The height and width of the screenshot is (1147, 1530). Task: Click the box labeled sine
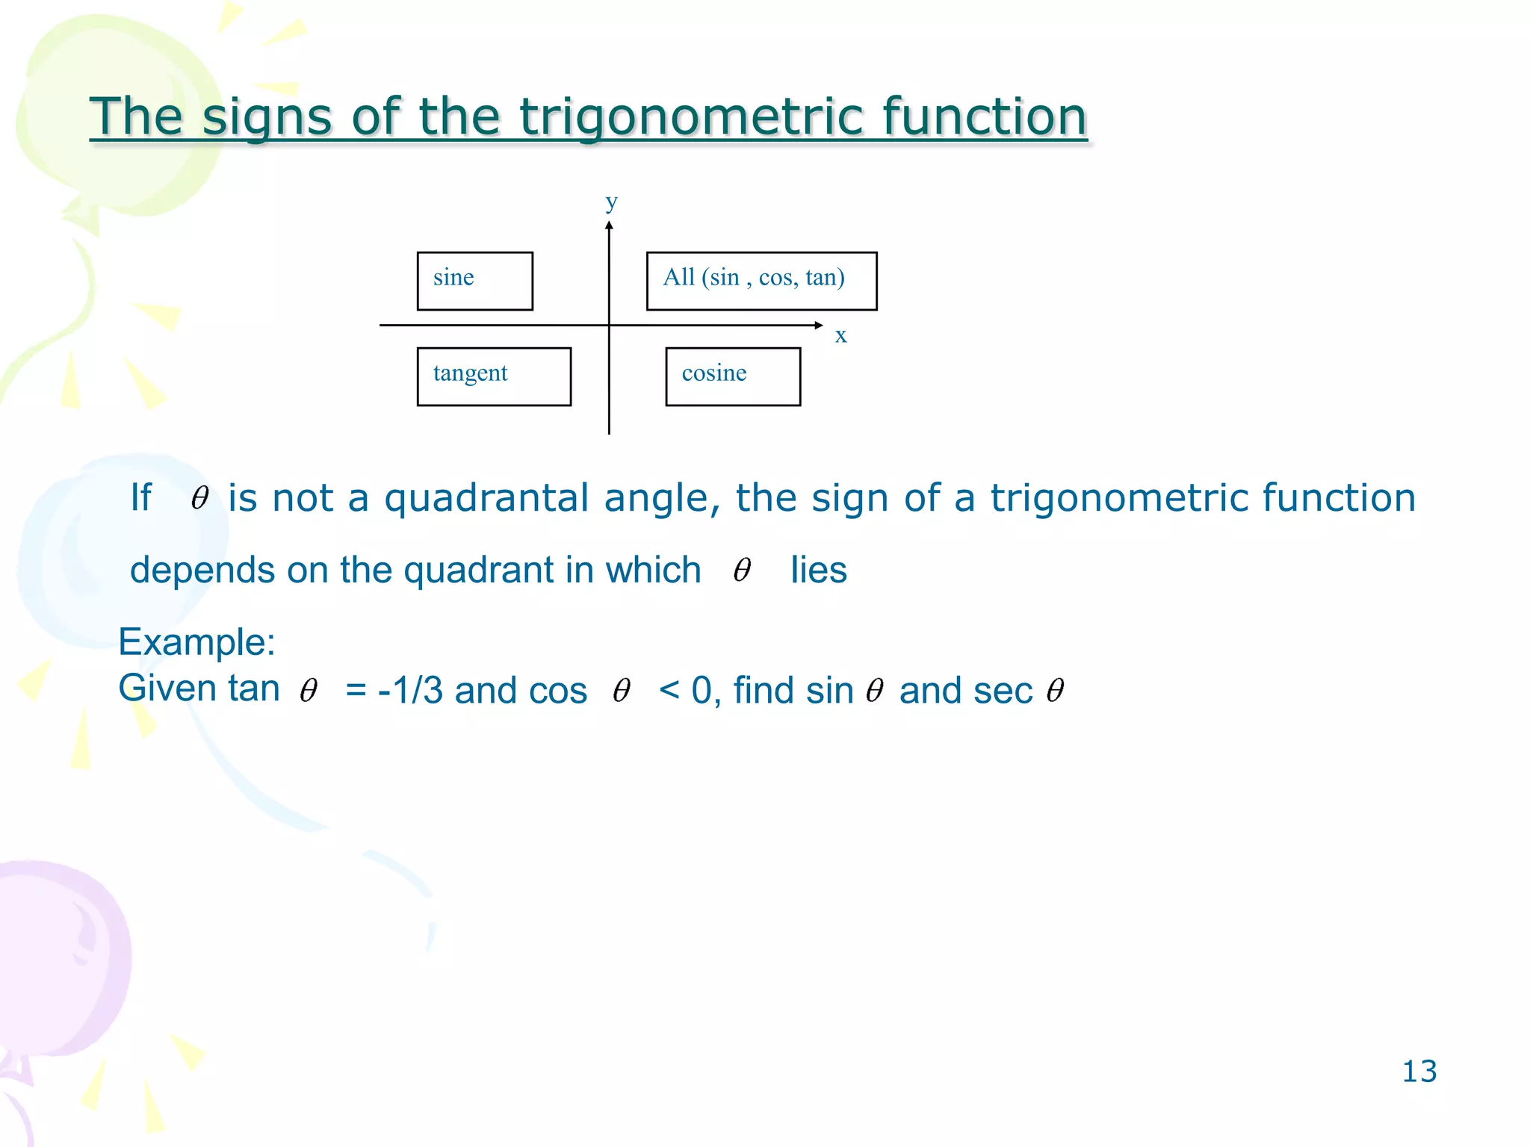pyautogui.click(x=474, y=281)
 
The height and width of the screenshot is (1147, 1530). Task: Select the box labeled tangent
pyautogui.click(x=494, y=376)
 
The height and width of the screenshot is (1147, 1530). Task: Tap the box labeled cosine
pyautogui.click(x=732, y=376)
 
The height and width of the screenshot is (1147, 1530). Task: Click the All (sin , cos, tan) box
pyautogui.click(x=761, y=281)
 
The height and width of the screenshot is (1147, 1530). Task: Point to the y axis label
pyautogui.click(x=611, y=202)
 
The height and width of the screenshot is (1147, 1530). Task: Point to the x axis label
pyautogui.click(x=840, y=335)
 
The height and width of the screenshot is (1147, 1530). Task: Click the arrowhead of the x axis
pyautogui.click(x=819, y=325)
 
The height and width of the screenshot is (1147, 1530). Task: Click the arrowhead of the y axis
pyautogui.click(x=610, y=226)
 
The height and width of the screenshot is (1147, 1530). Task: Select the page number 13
pyautogui.click(x=1419, y=1071)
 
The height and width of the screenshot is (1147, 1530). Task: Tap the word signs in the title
pyautogui.click(x=267, y=117)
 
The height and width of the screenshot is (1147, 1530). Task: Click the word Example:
pyautogui.click(x=197, y=641)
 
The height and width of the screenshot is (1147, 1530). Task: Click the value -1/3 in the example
pyautogui.click(x=410, y=690)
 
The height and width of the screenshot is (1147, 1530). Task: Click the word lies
pyautogui.click(x=818, y=570)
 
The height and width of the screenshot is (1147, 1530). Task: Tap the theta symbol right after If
pyautogui.click(x=199, y=497)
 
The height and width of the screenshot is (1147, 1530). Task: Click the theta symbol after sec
pyautogui.click(x=1055, y=690)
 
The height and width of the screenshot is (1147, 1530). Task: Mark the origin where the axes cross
pyautogui.click(x=610, y=325)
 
